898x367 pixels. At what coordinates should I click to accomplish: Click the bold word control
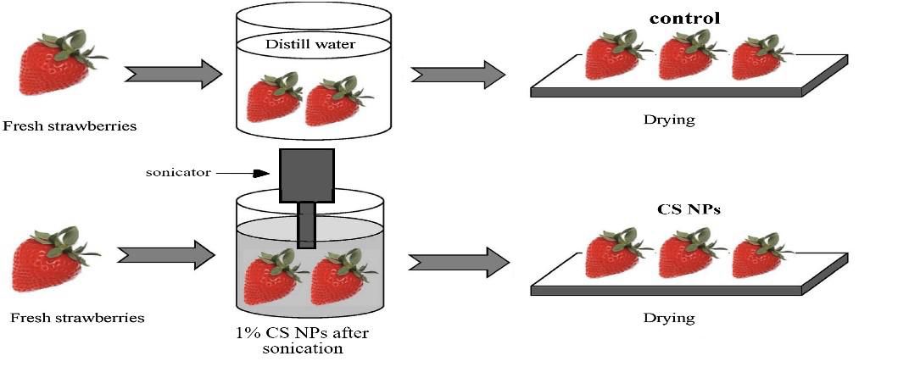[684, 18]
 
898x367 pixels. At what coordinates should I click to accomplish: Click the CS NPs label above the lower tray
[688, 209]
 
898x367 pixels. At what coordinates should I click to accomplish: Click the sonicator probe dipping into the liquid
[306, 225]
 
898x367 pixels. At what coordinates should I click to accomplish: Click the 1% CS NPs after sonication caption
[302, 340]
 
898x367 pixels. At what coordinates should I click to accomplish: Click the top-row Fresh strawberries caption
[70, 127]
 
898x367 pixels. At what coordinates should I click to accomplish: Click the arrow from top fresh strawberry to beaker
[169, 73]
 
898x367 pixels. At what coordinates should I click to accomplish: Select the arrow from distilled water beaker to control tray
[458, 73]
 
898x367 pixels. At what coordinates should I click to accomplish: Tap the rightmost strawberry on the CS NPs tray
[758, 256]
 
